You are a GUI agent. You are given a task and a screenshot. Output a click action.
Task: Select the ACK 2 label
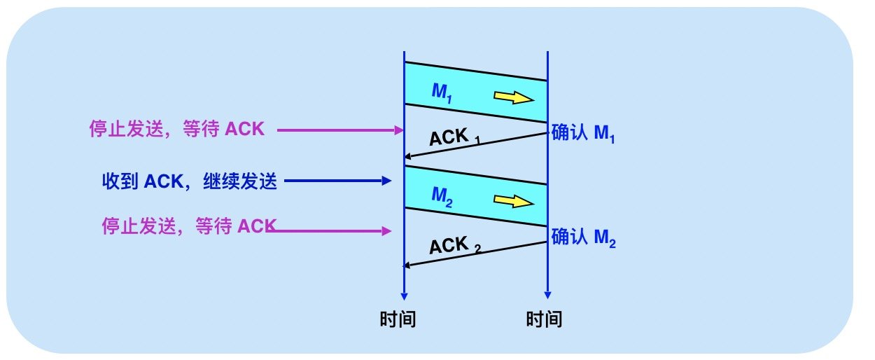454,246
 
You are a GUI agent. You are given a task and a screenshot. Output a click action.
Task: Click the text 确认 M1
583,132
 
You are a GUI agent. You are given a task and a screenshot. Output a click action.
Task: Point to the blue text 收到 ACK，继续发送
190,182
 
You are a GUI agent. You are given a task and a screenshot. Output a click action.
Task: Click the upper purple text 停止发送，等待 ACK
177,130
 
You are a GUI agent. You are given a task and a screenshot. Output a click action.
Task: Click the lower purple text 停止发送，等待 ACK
186,226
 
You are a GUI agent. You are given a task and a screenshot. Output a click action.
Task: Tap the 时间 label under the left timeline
398,319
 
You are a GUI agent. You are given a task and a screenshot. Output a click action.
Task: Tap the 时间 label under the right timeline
544,319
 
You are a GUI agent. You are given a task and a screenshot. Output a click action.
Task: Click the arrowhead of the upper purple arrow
400,130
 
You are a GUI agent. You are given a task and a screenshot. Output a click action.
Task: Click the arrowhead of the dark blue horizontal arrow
386,181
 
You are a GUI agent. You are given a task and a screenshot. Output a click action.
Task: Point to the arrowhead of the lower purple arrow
386,230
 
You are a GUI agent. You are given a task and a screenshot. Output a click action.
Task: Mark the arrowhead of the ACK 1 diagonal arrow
409,158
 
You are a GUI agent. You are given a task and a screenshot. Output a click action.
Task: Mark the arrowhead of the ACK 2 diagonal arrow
409,265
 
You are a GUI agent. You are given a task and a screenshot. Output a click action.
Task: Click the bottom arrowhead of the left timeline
405,295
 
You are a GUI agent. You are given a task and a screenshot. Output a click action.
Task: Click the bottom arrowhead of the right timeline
547,295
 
